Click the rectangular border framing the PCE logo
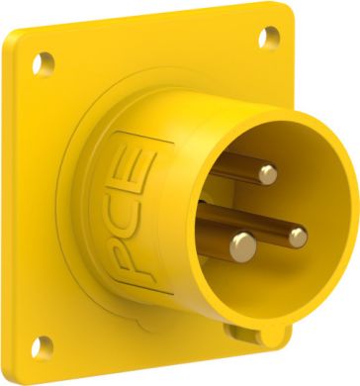pyautogui.click(x=112, y=213)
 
